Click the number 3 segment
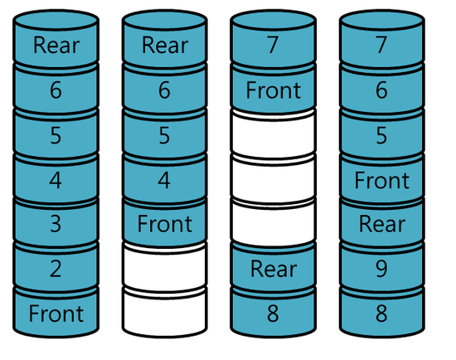tap(56, 223)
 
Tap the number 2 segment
tap(56, 268)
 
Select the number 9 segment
tap(382, 268)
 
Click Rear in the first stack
tap(56, 45)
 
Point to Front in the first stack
tap(56, 314)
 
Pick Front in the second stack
tap(165, 223)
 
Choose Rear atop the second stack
tap(165, 45)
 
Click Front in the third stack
tap(273, 90)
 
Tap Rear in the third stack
tap(273, 268)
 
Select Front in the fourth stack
tap(382, 180)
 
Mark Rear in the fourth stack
tap(382, 223)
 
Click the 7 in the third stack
tap(273, 45)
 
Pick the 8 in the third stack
tap(273, 314)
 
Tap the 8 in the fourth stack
tap(382, 314)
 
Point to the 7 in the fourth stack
tap(382, 45)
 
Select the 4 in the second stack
tap(165, 180)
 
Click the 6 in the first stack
tap(56, 90)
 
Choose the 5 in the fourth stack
tap(382, 135)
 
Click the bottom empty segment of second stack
tap(165, 314)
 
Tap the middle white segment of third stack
tap(273, 180)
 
